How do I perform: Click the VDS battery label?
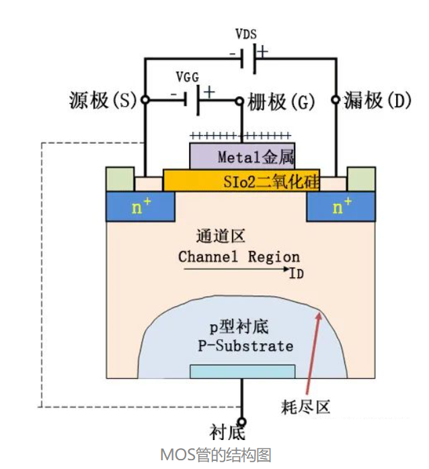pos(246,33)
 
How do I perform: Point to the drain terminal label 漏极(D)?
pos(377,102)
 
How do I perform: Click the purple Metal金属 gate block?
pos(243,156)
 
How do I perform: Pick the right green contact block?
pos(360,179)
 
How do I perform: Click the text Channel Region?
pos(239,257)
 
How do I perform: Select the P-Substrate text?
pos(245,347)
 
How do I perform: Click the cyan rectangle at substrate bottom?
pos(243,371)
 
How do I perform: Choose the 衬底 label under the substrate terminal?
pos(227,431)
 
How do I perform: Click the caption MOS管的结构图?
pos(215,456)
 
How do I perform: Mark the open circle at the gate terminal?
pos(239,102)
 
